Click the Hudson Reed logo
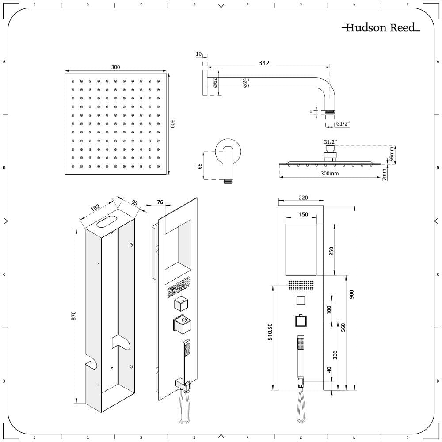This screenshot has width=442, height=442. coord(381,27)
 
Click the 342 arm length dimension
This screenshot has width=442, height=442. coord(264,63)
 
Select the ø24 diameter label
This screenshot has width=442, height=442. coord(245,82)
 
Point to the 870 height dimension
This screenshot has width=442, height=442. coord(73,316)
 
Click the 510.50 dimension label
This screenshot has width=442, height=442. coord(270,331)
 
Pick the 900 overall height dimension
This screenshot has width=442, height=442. coord(351,294)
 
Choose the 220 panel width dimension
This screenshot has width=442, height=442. coord(303,198)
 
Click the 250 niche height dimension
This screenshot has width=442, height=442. coord(331,251)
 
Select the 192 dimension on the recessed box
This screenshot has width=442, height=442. coord(95,208)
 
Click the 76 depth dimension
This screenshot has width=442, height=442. coord(160,202)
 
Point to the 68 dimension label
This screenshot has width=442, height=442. coord(200,166)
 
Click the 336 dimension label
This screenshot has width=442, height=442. coord(335,355)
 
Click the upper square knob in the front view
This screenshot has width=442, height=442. coord(301,301)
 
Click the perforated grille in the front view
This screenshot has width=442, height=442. coord(301,285)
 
